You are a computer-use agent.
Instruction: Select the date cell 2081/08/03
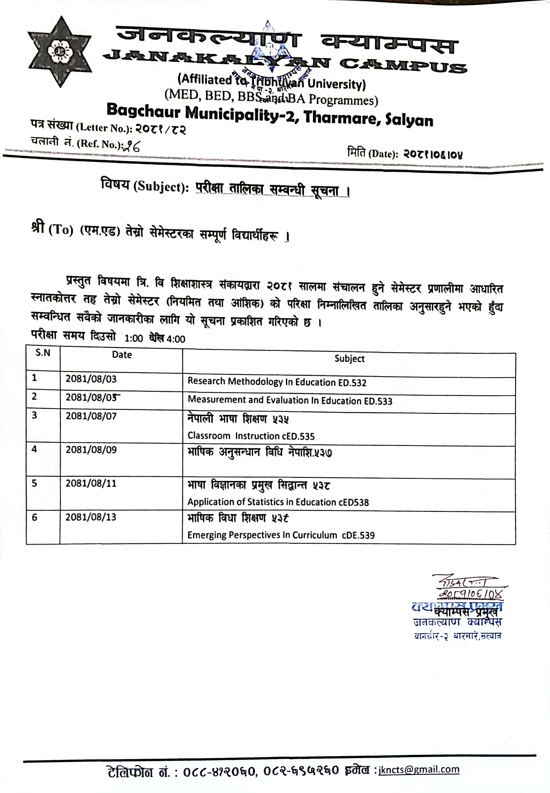pyautogui.click(x=91, y=379)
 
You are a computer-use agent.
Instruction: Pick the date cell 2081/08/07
pyautogui.click(x=91, y=416)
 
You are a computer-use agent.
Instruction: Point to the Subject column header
pyautogui.click(x=349, y=359)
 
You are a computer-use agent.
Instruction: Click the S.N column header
pyautogui.click(x=43, y=353)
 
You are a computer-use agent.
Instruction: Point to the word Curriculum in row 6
pyautogui.click(x=315, y=535)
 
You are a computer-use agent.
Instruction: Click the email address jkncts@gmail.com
pyautogui.click(x=419, y=769)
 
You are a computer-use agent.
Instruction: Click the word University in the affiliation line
pyautogui.click(x=336, y=84)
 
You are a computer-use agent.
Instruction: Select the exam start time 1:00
pyautogui.click(x=134, y=338)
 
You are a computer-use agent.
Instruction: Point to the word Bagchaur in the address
pyautogui.click(x=143, y=111)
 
